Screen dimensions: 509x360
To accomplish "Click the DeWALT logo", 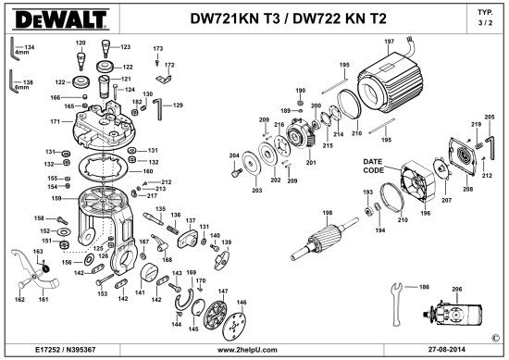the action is [61, 19].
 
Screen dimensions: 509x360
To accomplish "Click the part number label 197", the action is [389, 42].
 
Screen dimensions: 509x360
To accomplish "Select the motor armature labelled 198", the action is [324, 240].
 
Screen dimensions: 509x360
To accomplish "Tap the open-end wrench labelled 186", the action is [397, 304].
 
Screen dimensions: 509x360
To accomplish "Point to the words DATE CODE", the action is [374, 166].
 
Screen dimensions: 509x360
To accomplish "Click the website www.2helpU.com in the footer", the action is [247, 350].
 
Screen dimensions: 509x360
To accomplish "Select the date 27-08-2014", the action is [446, 350].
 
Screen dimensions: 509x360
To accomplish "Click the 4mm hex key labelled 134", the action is [13, 49].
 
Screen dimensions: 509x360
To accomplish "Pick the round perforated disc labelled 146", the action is [236, 327].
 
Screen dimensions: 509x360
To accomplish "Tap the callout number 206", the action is [457, 289].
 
